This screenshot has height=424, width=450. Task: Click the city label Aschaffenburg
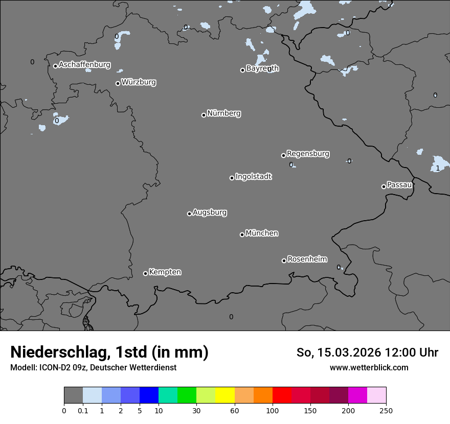pos(84,65)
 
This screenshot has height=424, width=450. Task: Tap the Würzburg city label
pos(139,82)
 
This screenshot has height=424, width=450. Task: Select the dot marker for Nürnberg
pos(204,115)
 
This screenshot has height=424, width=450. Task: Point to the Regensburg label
pos(308,154)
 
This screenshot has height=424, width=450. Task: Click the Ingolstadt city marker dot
pos(232,178)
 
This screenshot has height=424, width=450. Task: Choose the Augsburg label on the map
pos(210,213)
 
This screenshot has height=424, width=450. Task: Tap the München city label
pos(262,233)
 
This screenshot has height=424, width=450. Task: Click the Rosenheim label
pos(307,259)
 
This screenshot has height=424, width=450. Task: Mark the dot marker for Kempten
pos(145,273)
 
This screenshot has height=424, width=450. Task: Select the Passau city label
pos(399,185)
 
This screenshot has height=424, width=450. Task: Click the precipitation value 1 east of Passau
pos(438,168)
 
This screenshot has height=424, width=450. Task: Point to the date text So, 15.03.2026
pos(338,352)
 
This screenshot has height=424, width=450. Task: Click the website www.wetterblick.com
pos(369,367)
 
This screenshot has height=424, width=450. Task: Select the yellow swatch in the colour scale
pos(224,395)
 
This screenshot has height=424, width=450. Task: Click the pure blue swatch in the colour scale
pos(149,395)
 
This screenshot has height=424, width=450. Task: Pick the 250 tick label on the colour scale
pos(386,410)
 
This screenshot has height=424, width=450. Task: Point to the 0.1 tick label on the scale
pos(83,410)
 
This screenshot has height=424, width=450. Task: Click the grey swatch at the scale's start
pos(73,395)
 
